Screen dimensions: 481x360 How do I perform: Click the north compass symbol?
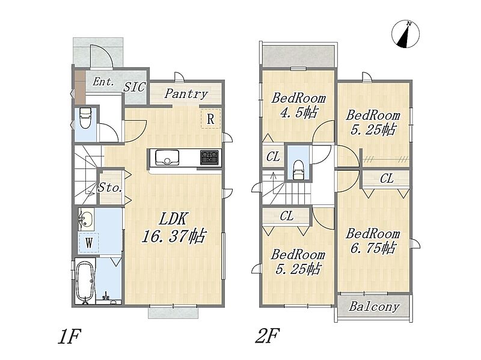click(405, 34)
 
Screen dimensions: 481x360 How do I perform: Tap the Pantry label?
click(186, 94)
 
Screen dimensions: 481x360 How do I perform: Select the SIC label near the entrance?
click(134, 87)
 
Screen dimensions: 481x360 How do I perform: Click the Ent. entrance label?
click(103, 82)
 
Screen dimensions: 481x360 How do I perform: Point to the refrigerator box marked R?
click(211, 118)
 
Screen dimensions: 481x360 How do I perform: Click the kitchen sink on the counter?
click(167, 157)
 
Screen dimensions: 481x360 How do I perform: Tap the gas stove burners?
click(209, 157)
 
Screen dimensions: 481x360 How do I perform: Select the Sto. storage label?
click(110, 188)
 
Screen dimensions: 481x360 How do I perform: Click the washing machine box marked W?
click(88, 243)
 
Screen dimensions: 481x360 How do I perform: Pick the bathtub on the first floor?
click(85, 281)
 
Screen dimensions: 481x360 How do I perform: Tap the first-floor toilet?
click(85, 118)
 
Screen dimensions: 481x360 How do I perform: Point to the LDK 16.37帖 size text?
click(174, 228)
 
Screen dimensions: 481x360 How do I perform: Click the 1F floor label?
click(69, 337)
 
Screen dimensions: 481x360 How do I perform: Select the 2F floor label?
click(267, 336)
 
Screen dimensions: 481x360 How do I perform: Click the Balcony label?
click(374, 307)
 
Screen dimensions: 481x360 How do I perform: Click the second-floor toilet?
click(298, 169)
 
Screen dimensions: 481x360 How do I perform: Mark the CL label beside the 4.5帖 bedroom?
click(273, 157)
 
